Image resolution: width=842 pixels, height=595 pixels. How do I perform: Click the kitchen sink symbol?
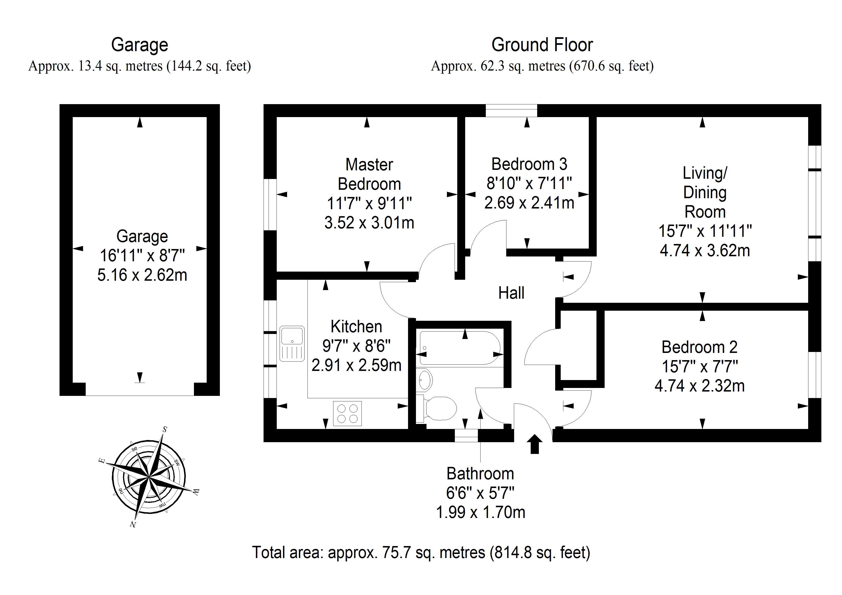pos(292,344)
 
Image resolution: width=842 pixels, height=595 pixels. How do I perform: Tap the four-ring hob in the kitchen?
pos(347,414)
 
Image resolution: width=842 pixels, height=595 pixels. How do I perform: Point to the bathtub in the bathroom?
pos(459,348)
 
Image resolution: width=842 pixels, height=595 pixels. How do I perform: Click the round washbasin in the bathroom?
pos(425,380)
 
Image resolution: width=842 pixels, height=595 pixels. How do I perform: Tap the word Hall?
pos(511,293)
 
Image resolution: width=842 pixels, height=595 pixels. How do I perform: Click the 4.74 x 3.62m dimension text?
pos(704,250)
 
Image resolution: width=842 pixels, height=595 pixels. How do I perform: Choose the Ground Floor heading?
pos(542,45)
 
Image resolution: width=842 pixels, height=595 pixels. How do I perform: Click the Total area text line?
pos(421,552)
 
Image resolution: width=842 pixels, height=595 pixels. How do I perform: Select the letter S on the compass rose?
pos(165,429)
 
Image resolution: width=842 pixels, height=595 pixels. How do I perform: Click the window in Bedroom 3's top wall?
pos(511,110)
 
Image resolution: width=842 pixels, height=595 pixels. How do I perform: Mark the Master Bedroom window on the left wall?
pos(270,205)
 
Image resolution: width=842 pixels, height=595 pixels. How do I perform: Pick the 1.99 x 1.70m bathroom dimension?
pos(481,512)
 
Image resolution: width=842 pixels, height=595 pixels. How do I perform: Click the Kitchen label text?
pos(356,326)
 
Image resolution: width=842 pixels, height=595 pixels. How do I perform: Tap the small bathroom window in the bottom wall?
pos(466,435)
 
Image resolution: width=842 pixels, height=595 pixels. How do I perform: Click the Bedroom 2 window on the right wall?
pos(815,375)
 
